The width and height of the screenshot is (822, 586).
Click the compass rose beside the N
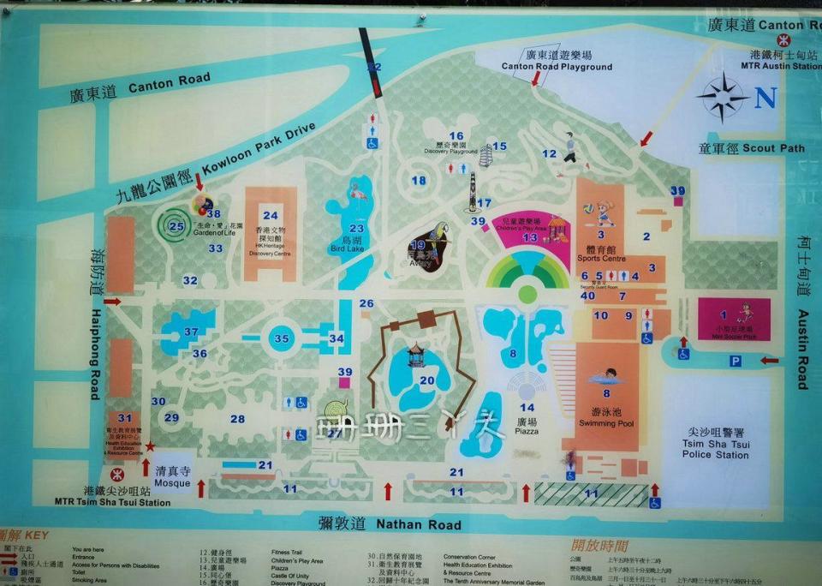tap(724, 97)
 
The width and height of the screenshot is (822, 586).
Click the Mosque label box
tap(172, 476)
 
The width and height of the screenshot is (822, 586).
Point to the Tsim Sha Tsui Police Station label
tap(716, 444)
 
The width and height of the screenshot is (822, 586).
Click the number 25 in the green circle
tap(176, 227)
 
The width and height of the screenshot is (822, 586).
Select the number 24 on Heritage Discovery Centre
tap(271, 215)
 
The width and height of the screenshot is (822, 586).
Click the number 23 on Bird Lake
tap(356, 228)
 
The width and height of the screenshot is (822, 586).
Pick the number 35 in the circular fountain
tap(282, 338)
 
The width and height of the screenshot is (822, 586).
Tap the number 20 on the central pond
tap(426, 380)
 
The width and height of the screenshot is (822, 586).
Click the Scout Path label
tap(751, 148)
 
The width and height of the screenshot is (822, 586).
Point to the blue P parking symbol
tap(735, 361)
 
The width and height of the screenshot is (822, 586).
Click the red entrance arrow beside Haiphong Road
tap(112, 302)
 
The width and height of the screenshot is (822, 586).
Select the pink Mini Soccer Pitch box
tap(734, 318)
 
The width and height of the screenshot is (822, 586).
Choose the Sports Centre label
tap(600, 253)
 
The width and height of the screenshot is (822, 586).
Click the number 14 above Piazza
tap(528, 408)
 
